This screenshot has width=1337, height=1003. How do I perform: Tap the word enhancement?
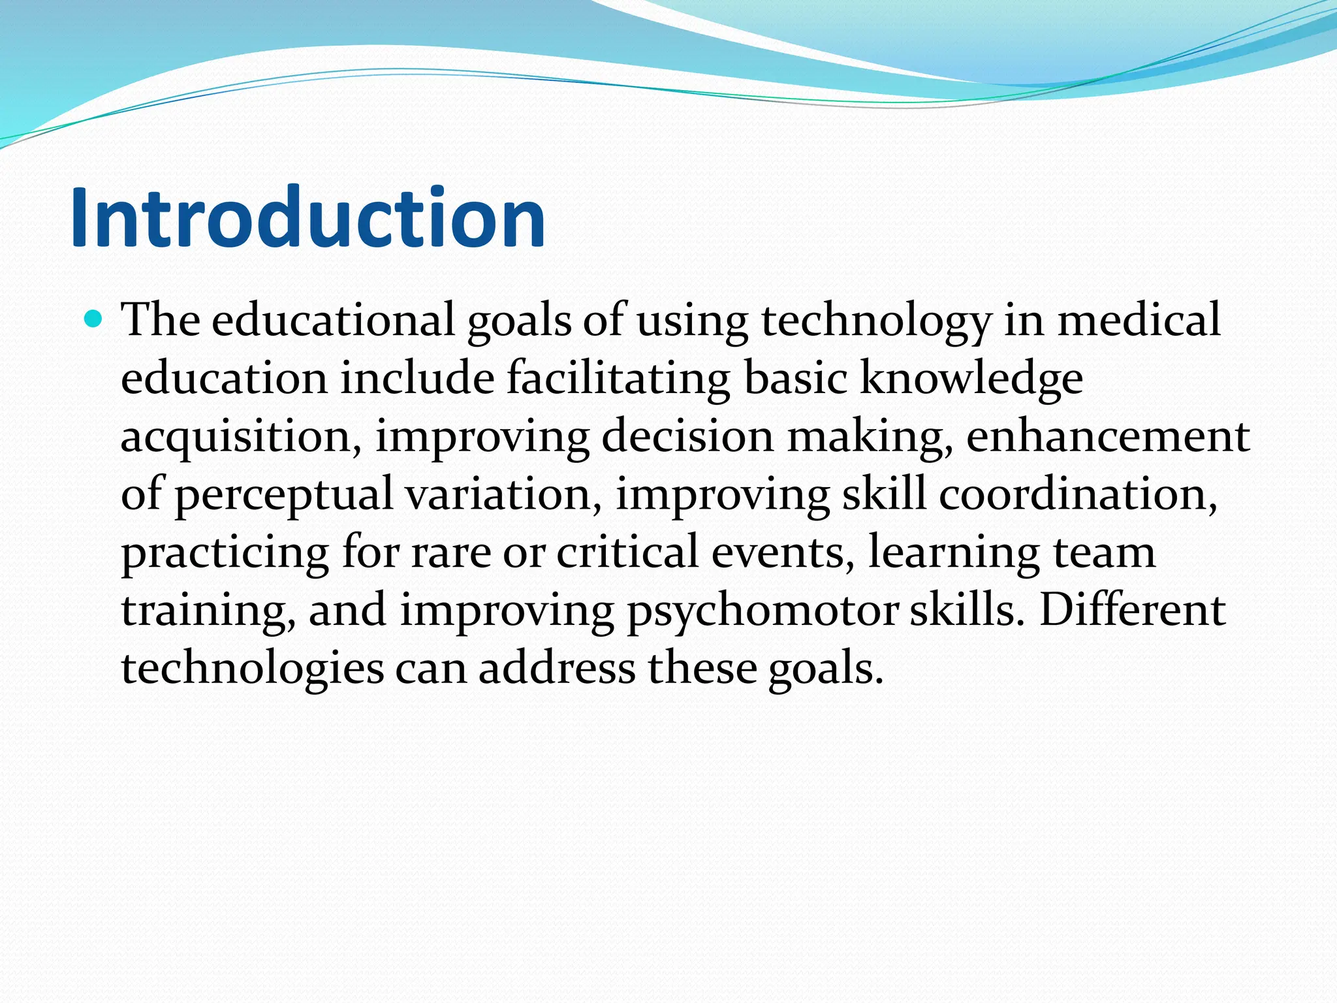pos(1108,436)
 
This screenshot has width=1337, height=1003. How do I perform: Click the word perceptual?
pos(283,495)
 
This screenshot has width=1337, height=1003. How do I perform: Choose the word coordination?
pos(1078,494)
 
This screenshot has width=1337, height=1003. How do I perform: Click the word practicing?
pos(225,552)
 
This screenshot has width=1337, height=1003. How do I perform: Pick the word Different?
pos(1132,609)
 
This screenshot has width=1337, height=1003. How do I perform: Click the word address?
pos(557,667)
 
